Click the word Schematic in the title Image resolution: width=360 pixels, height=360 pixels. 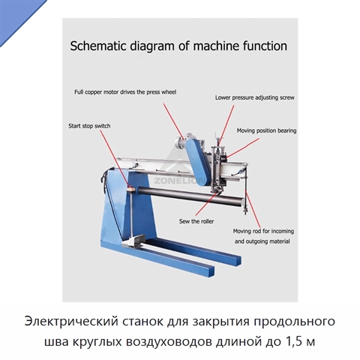[x=96, y=46]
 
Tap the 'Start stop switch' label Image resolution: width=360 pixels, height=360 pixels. [x=89, y=126]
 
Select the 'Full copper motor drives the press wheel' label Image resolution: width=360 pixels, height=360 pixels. [x=125, y=92]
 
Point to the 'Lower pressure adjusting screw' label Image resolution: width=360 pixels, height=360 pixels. [x=255, y=97]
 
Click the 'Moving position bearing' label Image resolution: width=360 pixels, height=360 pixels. [x=266, y=130]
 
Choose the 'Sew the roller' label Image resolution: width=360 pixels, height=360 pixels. [x=196, y=221]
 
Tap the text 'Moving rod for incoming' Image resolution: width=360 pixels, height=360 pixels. [x=263, y=231]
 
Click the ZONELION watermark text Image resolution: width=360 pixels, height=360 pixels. [x=179, y=181]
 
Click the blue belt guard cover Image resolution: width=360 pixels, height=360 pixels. [x=196, y=161]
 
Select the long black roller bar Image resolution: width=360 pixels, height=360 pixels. [x=189, y=195]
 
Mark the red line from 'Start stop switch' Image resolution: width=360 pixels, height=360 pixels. [x=115, y=158]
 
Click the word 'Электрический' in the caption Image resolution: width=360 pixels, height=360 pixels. [x=71, y=322]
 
